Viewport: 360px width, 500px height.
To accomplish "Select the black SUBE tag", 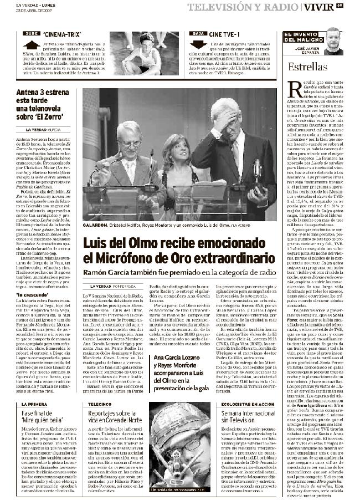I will click(x=31, y=33).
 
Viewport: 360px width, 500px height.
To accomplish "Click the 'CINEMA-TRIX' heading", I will click(x=59, y=34).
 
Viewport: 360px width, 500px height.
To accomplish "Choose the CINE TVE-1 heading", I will click(x=223, y=34).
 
